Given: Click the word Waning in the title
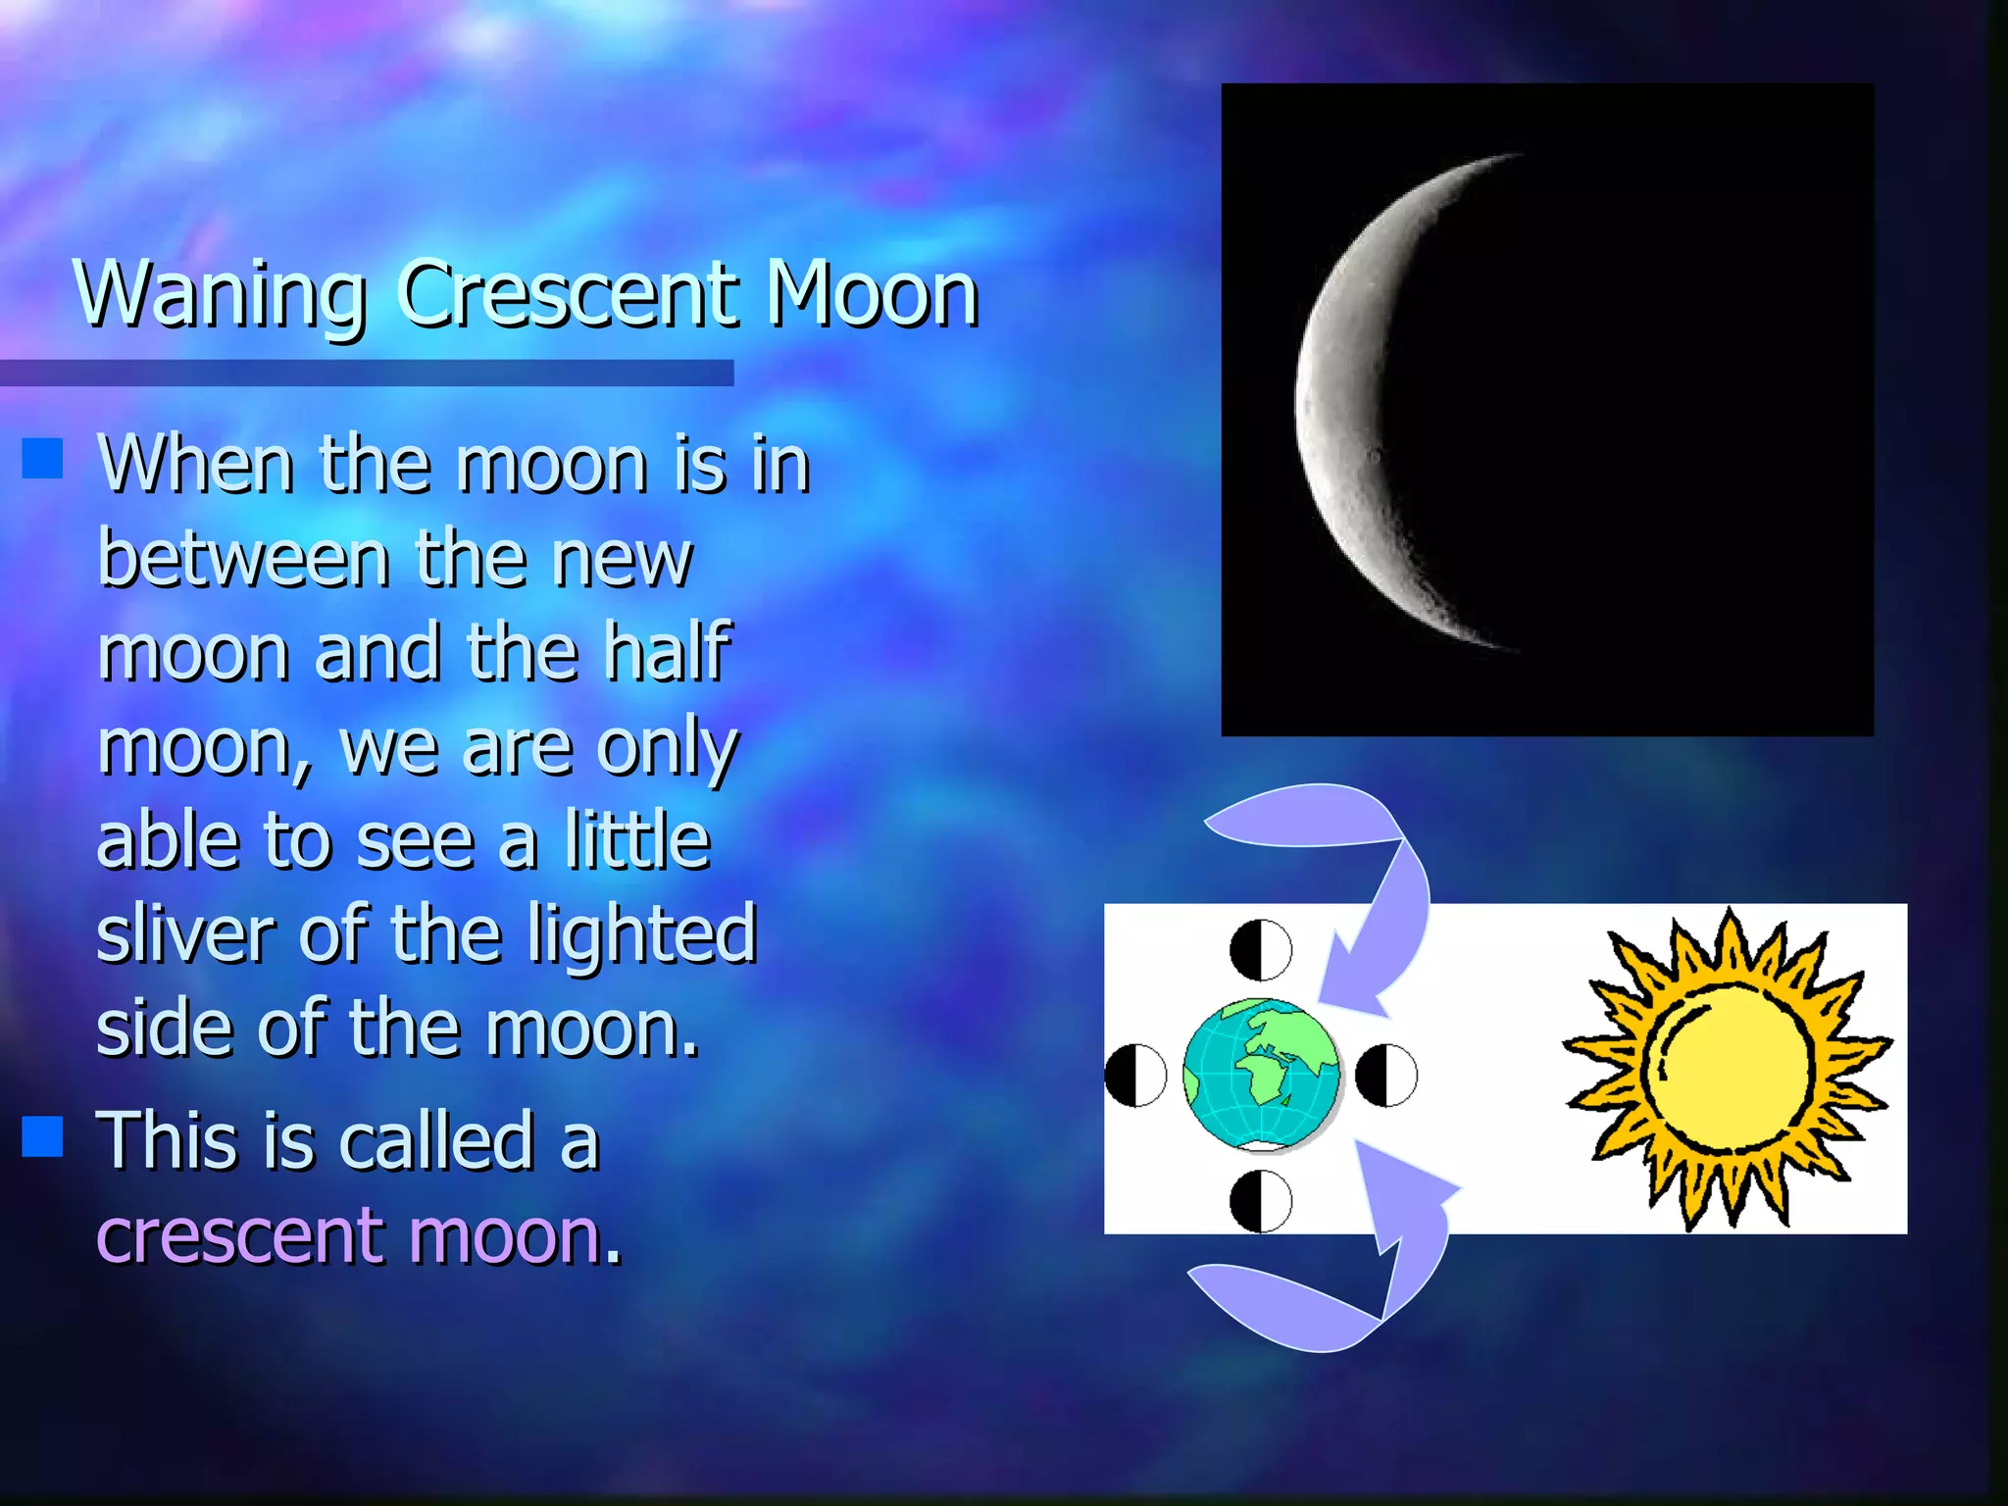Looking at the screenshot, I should click(221, 294).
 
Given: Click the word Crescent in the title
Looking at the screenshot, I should click(569, 294).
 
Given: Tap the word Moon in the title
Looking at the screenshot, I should click(873, 294).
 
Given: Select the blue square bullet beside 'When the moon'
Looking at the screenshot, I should click(42, 458).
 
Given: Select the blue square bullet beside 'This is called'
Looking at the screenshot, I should click(42, 1136).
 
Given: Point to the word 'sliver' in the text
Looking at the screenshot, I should click(185, 934).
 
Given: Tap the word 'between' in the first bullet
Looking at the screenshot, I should click(244, 559).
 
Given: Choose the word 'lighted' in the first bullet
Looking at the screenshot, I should click(642, 934).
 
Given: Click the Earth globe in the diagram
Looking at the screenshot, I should click(1261, 1074).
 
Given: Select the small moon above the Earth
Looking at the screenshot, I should click(1261, 949).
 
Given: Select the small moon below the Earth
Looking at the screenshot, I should click(1261, 1201).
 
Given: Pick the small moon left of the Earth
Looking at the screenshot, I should click(1135, 1075).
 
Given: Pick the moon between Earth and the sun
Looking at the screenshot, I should click(1386, 1075).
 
